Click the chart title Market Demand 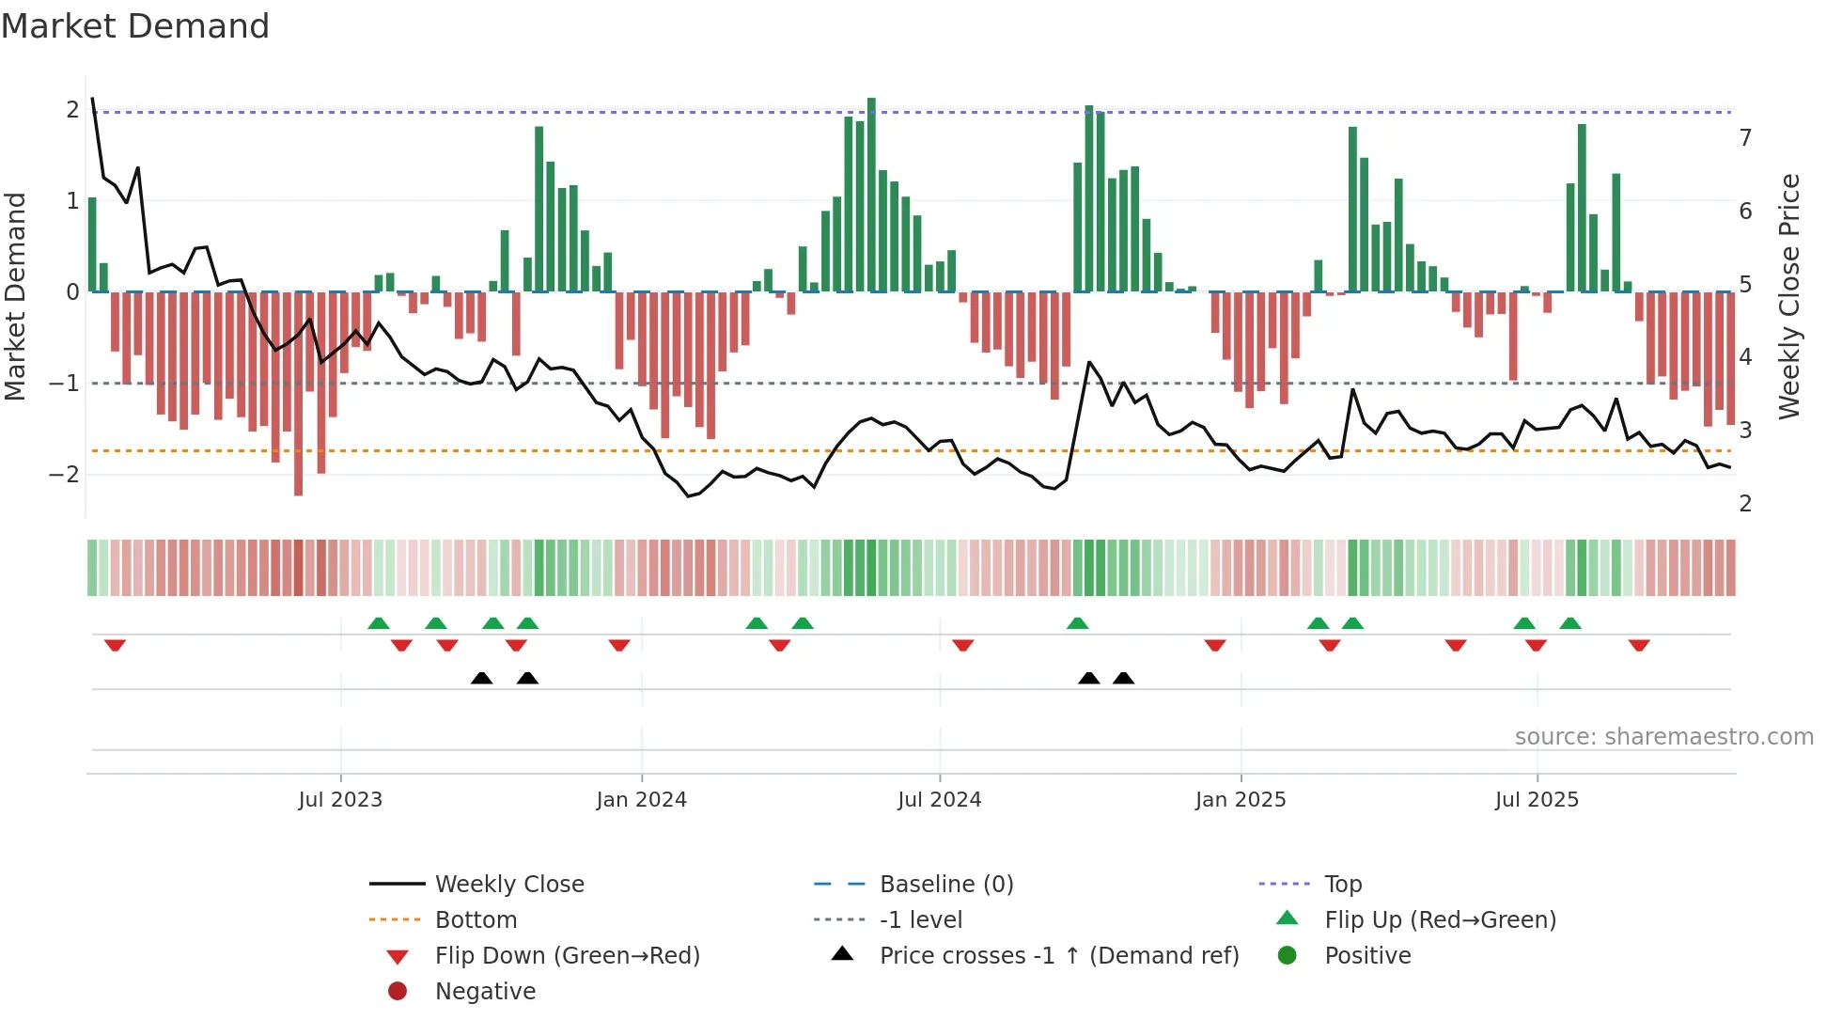pyautogui.click(x=135, y=26)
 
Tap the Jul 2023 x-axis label pyautogui.click(x=340, y=800)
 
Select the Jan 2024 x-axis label pyautogui.click(x=641, y=800)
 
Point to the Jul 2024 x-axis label pyautogui.click(x=939, y=800)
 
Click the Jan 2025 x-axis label pyautogui.click(x=1241, y=800)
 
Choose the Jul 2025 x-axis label pyautogui.click(x=1537, y=800)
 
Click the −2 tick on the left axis pyautogui.click(x=64, y=475)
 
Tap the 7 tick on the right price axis pyautogui.click(x=1745, y=138)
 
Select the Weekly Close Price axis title pyautogui.click(x=1789, y=296)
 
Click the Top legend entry pyautogui.click(x=1343, y=885)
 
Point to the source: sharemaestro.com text pyautogui.click(x=1663, y=737)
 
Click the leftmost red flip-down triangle pyautogui.click(x=115, y=645)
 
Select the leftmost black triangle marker pyautogui.click(x=481, y=678)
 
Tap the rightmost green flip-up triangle pyautogui.click(x=1569, y=623)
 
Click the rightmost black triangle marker pyautogui.click(x=1123, y=678)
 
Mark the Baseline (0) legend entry pyautogui.click(x=946, y=885)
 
